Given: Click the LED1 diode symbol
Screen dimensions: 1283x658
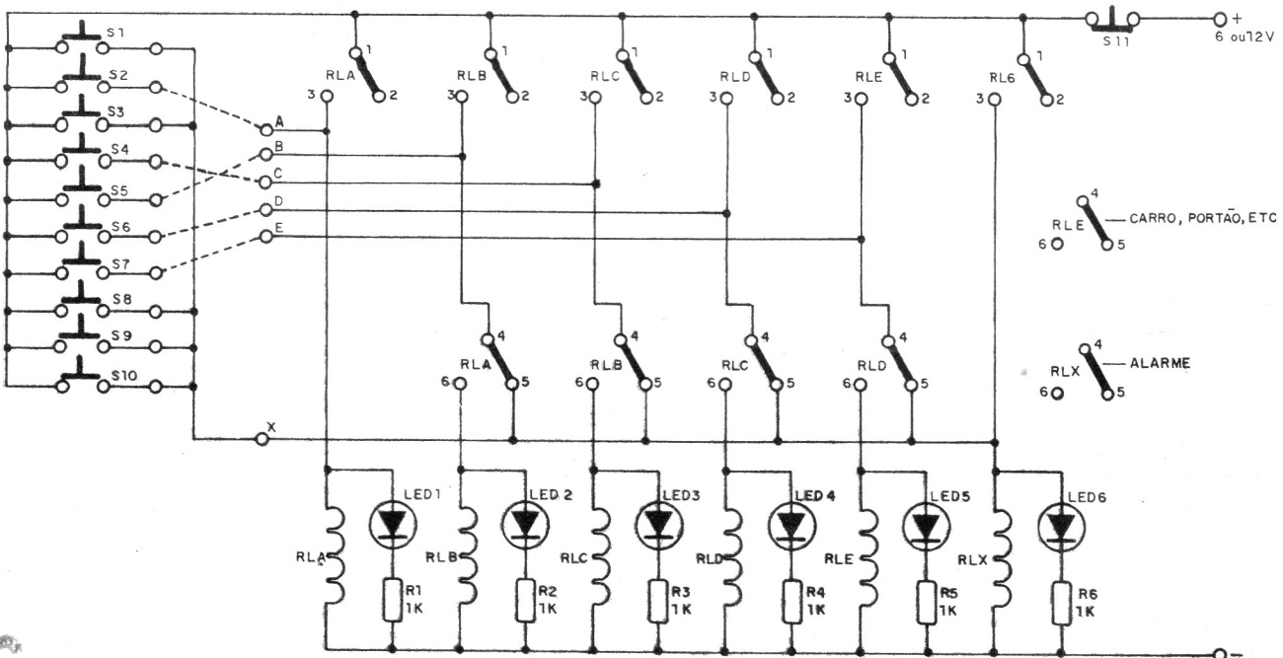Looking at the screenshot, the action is click(x=393, y=524).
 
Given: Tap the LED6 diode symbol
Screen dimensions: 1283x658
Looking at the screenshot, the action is click(x=1061, y=527).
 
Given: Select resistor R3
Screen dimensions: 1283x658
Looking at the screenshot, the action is click(x=657, y=602).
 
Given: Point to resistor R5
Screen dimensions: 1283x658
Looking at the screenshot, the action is click(x=926, y=603).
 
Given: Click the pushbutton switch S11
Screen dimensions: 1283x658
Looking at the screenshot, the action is click(x=1111, y=20).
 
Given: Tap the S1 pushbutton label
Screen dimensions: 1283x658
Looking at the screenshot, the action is click(x=115, y=33).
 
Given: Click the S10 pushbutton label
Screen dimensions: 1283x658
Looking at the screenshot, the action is click(x=124, y=376).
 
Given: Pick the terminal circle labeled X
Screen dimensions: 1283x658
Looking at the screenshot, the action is click(x=262, y=439).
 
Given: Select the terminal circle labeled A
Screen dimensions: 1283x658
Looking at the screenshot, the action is click(x=265, y=130).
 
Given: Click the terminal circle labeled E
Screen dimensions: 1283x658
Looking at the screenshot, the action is click(x=266, y=236).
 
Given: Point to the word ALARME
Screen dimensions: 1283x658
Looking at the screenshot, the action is click(x=1160, y=363).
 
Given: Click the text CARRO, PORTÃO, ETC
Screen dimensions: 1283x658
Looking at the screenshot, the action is click(x=1202, y=218).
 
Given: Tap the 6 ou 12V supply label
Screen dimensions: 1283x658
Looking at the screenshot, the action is click(x=1245, y=37).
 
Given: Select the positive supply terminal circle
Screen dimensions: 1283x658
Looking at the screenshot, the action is click(x=1220, y=20).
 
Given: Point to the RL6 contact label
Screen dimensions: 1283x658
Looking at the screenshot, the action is click(x=1002, y=79).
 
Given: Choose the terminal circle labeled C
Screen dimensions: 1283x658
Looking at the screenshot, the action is click(x=264, y=183).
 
